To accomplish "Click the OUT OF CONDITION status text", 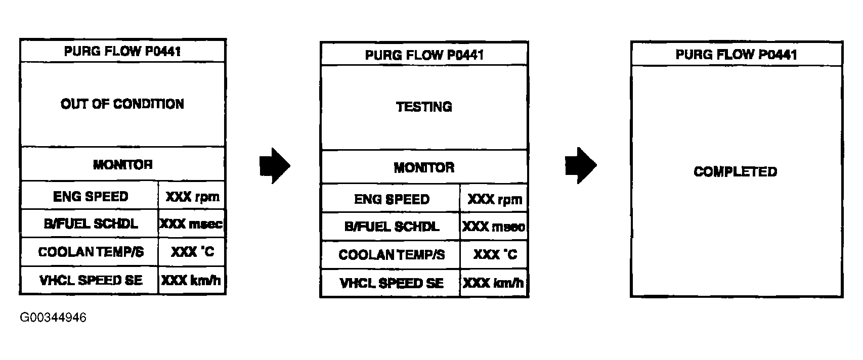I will [x=122, y=104].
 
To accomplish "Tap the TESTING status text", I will [x=424, y=107].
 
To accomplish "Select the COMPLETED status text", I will [x=735, y=172].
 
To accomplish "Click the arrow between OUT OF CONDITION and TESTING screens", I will [x=275, y=165].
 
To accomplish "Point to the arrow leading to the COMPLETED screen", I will [x=580, y=165].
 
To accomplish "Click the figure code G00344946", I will [x=53, y=318].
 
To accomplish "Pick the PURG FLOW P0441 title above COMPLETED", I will [x=736, y=55].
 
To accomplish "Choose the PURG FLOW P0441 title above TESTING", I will [x=424, y=55].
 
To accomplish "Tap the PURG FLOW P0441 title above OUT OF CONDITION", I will [x=122, y=51].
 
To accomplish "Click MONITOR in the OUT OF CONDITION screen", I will [x=122, y=164].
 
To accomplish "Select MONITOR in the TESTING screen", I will [x=424, y=167].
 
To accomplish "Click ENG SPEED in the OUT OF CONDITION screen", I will [x=91, y=196].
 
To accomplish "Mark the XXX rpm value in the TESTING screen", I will [x=494, y=199].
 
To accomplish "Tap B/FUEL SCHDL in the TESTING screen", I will [x=392, y=227].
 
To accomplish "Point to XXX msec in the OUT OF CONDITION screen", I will [x=191, y=224].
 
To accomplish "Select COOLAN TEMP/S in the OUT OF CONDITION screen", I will [x=91, y=252].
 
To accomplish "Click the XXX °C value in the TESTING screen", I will [x=494, y=254].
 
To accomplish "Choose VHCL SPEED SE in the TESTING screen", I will [x=392, y=283].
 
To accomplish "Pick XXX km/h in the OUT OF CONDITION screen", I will [x=191, y=280].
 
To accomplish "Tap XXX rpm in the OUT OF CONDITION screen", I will [x=192, y=196].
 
